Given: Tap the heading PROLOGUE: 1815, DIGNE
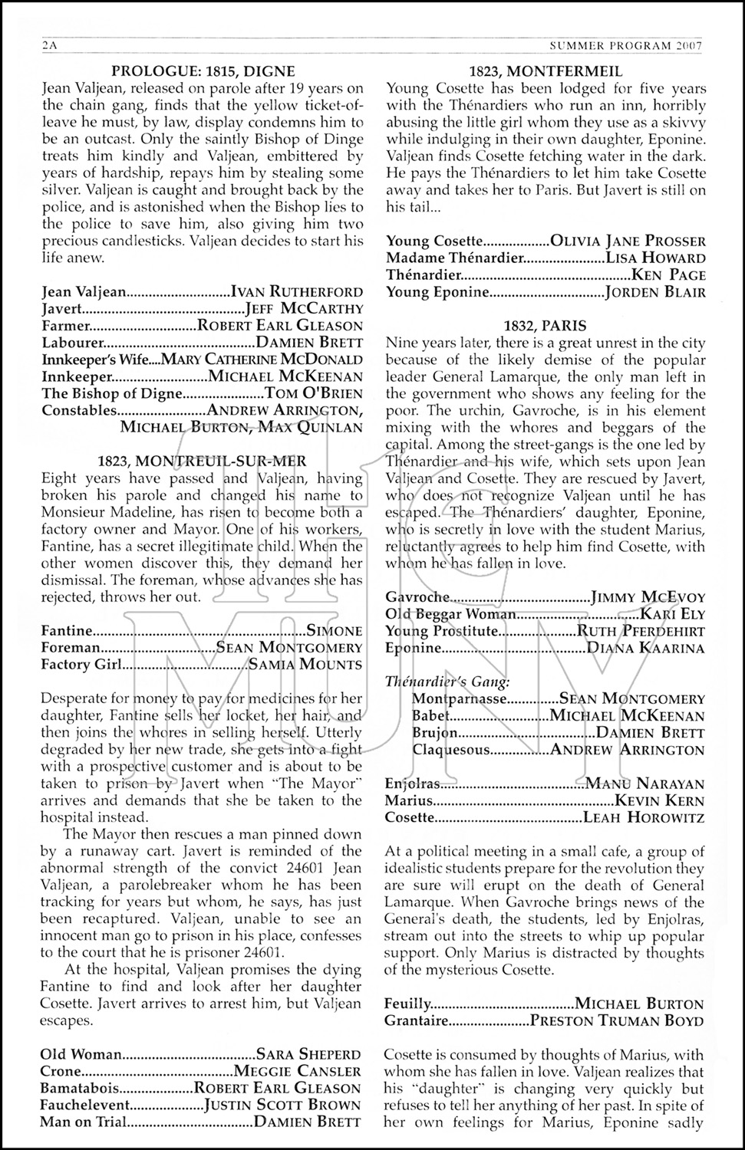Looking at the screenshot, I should tap(203, 71).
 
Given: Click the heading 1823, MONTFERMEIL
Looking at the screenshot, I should tap(546, 71).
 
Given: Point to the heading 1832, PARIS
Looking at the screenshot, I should tap(546, 325).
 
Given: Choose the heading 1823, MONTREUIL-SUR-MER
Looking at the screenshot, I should tap(203, 461).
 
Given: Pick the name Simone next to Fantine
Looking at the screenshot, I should tap(335, 631).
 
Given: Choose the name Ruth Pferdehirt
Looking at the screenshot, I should tap(641, 631).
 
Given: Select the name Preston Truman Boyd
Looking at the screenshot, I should tap(617, 1020).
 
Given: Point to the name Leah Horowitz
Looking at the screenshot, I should tap(644, 817).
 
